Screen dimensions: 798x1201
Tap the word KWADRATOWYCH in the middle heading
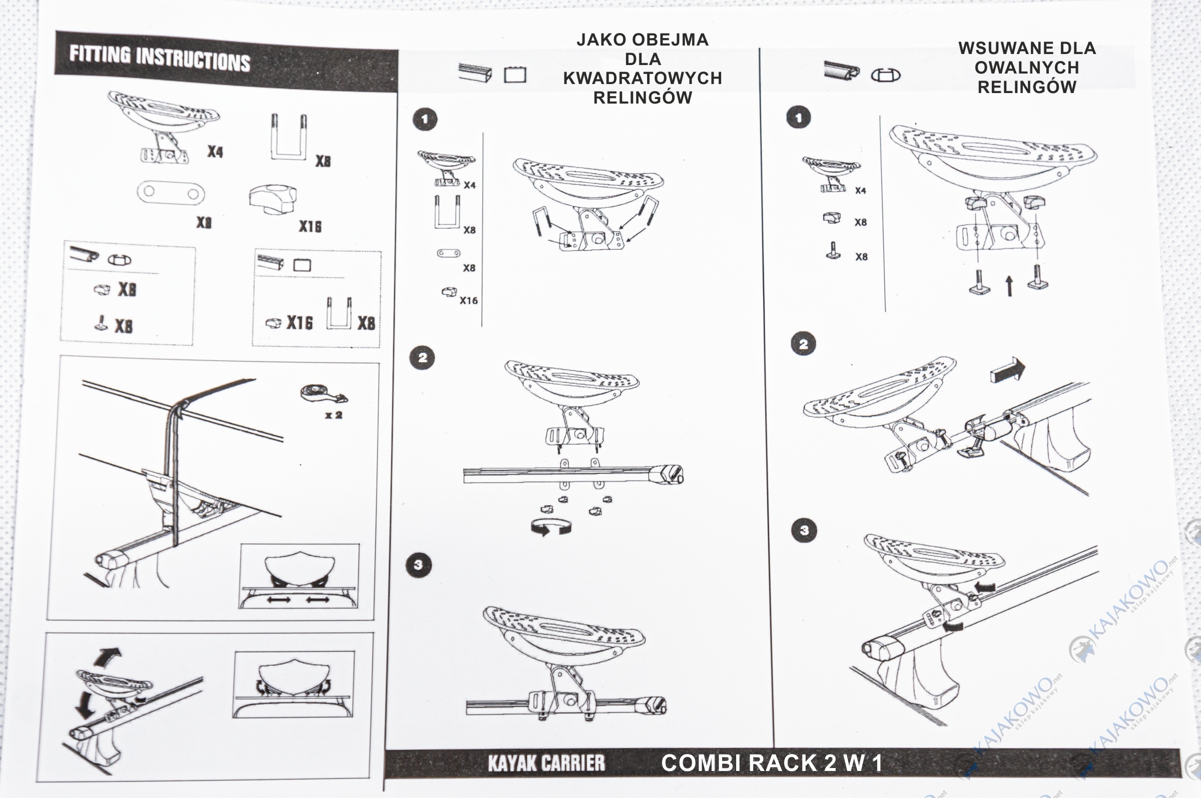pos(642,78)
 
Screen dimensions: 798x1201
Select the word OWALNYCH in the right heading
pos(1026,67)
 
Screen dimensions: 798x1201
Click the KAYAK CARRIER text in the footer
pos(546,763)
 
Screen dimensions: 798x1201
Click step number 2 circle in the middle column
pos(422,358)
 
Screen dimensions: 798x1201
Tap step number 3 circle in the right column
pos(804,530)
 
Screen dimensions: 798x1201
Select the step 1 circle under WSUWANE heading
pos(799,118)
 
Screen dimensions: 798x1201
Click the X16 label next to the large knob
pos(310,227)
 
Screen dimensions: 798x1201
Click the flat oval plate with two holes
pos(171,193)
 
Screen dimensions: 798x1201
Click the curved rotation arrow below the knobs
pos(550,527)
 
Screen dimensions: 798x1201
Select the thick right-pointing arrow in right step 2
pos(1008,370)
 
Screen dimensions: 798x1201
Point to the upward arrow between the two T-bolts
pos(1009,286)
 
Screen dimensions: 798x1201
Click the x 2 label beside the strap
pos(334,415)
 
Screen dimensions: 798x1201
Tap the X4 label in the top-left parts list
pos(215,152)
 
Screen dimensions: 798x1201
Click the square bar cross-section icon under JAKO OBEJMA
pos(515,76)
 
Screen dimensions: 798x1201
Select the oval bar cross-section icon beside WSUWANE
pos(885,76)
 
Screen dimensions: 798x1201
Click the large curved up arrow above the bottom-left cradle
pos(109,657)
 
